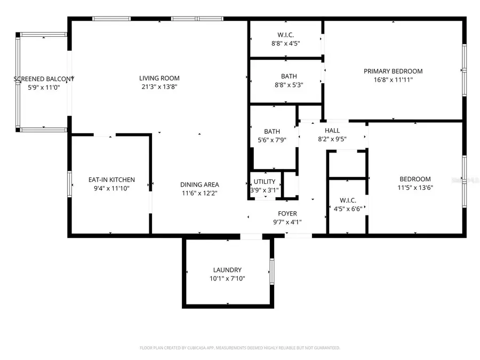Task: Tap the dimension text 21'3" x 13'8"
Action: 160,86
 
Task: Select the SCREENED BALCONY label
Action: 43,79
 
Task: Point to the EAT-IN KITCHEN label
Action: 111,180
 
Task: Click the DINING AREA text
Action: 199,185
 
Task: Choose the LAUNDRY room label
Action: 227,270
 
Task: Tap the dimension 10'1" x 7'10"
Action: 227,278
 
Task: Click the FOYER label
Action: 287,213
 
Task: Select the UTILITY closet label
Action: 264,182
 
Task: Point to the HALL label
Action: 332,131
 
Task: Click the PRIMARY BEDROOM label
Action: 393,71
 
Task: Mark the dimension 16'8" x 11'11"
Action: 393,79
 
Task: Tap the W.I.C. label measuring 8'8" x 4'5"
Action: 285,35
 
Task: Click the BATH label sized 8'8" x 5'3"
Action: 289,76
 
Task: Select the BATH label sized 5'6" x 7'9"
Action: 272,131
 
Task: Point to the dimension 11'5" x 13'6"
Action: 415,188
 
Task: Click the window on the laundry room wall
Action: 271,273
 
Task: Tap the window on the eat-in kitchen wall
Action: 70,184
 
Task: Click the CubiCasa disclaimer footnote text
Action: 239,348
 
